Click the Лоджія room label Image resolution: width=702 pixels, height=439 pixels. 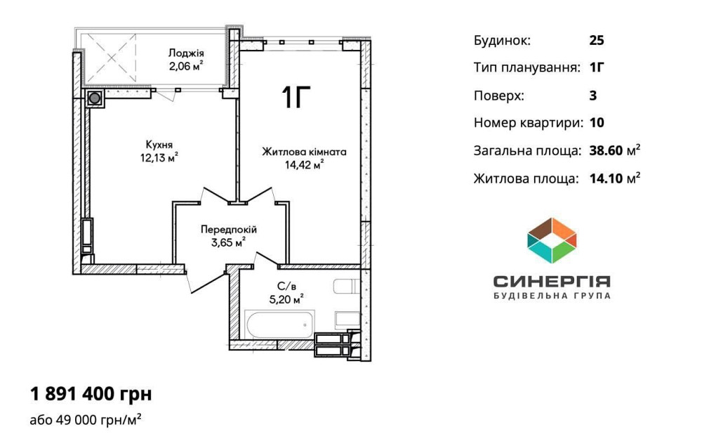[186, 53]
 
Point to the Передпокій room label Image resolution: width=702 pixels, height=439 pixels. [229, 230]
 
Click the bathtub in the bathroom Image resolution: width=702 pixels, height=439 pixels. [279, 325]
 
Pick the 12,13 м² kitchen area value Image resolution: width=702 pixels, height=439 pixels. [159, 157]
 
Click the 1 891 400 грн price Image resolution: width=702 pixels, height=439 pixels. [91, 393]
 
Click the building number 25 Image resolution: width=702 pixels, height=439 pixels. [597, 40]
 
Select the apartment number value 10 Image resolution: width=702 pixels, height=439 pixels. [597, 123]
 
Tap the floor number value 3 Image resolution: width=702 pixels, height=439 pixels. [593, 96]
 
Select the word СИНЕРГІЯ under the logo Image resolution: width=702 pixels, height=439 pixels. [552, 281]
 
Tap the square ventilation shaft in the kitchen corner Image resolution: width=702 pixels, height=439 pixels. [94, 98]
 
